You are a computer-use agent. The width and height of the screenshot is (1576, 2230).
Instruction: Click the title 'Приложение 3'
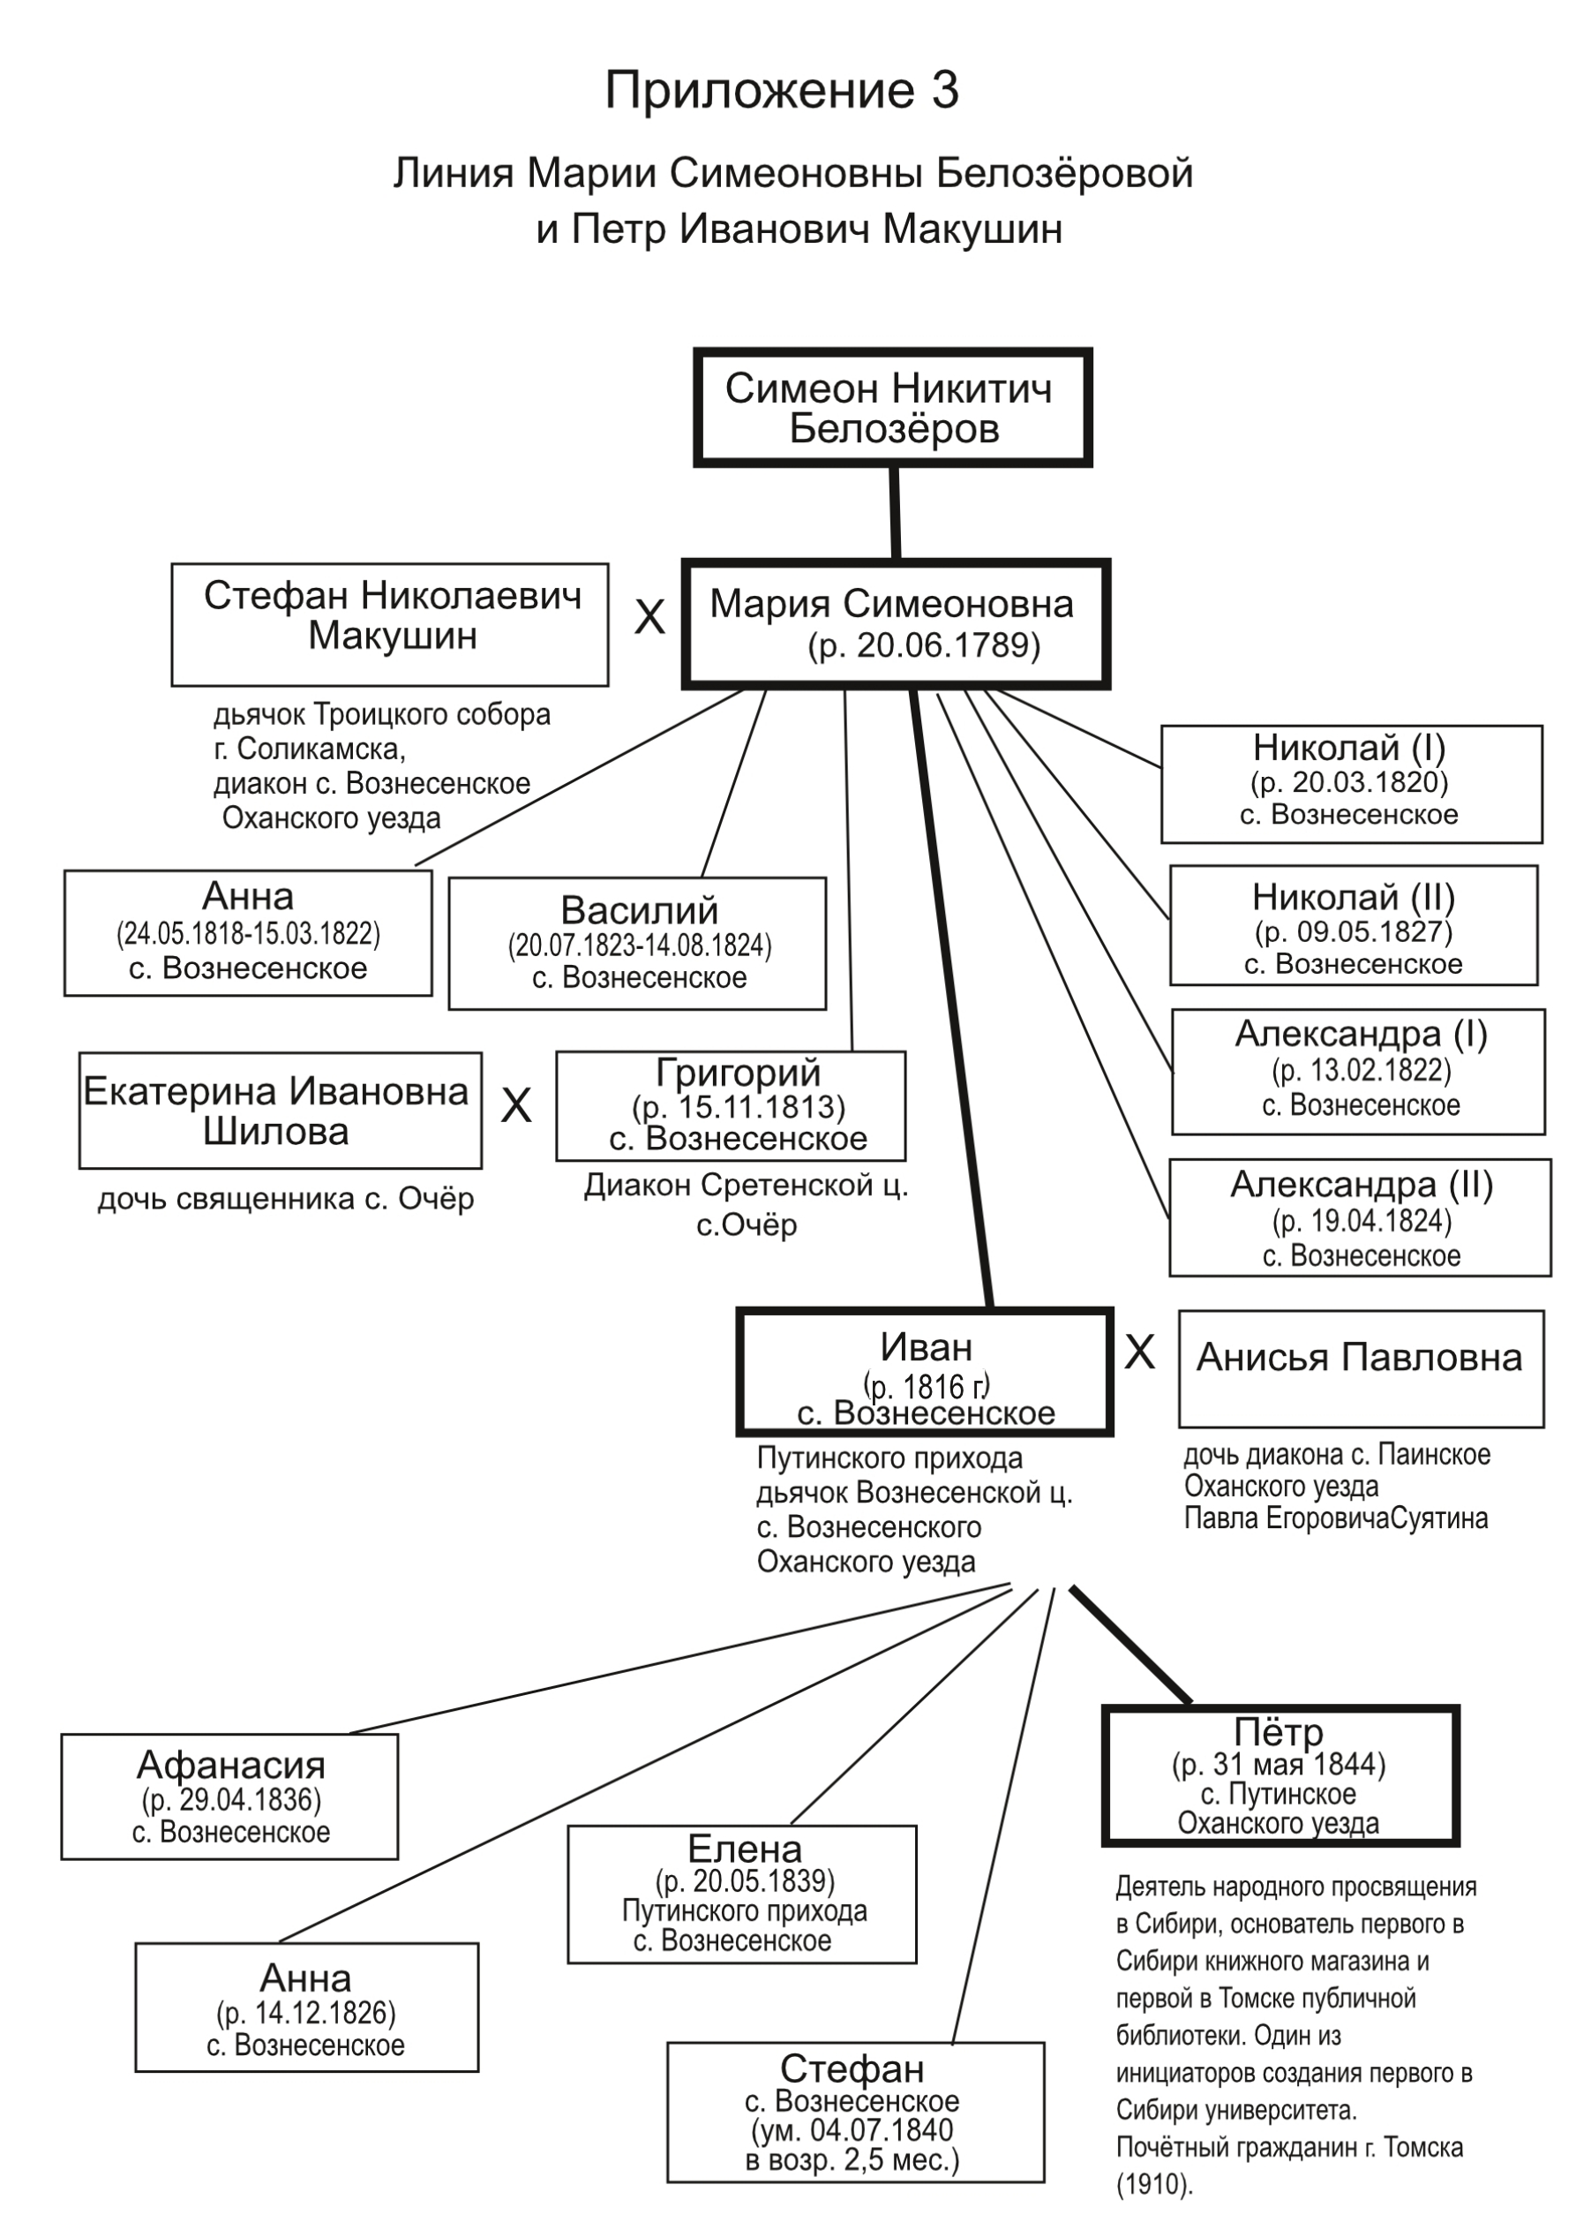pyautogui.click(x=782, y=91)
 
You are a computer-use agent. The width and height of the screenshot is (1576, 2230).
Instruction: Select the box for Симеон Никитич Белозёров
pyautogui.click(x=892, y=408)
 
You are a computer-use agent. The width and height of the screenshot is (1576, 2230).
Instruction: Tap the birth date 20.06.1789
pyautogui.click(x=947, y=646)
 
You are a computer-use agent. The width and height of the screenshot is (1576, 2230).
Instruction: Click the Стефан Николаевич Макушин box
pyautogui.click(x=390, y=624)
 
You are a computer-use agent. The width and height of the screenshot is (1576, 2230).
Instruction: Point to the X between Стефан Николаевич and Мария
pyautogui.click(x=649, y=617)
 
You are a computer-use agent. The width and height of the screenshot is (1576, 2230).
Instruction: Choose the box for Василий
pyautogui.click(x=637, y=943)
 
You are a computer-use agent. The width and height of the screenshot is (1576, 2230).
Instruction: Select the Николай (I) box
pyautogui.click(x=1351, y=784)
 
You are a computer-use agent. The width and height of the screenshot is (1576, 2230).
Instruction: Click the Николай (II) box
pyautogui.click(x=1353, y=925)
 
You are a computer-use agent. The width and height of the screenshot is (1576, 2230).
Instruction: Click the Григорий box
pyautogui.click(x=732, y=1106)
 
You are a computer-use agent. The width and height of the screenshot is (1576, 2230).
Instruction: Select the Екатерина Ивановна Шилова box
pyautogui.click(x=280, y=1111)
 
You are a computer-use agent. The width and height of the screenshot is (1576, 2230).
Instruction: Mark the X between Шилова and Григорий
pyautogui.click(x=515, y=1105)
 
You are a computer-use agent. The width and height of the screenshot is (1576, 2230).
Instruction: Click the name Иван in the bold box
pyautogui.click(x=926, y=1348)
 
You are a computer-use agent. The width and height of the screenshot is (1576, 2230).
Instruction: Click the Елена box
pyautogui.click(x=743, y=1895)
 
